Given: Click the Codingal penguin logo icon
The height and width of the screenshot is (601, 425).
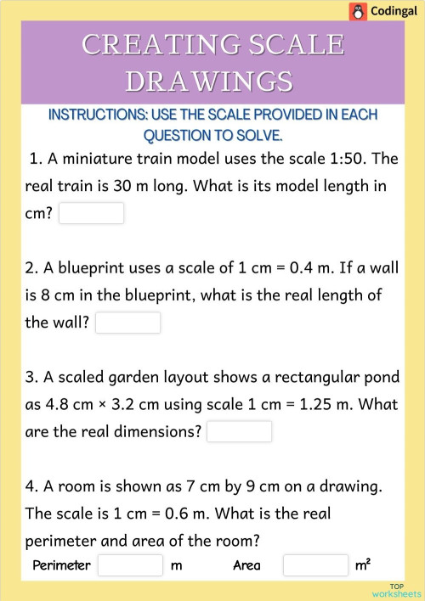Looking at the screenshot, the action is click(x=358, y=11).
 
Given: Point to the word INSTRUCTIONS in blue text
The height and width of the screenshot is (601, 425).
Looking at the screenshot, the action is click(x=94, y=115).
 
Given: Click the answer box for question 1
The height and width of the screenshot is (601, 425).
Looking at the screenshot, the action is click(x=91, y=213).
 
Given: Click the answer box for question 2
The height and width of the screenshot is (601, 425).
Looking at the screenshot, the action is click(x=127, y=323).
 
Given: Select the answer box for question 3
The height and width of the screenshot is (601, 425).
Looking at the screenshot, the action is click(x=239, y=431).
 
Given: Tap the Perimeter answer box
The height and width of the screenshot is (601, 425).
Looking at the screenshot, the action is click(x=129, y=565).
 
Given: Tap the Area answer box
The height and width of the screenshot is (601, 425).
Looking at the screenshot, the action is click(x=315, y=565).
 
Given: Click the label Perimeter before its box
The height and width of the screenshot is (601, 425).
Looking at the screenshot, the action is click(x=61, y=565).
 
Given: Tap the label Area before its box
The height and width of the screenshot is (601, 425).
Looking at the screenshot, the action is click(x=246, y=565).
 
